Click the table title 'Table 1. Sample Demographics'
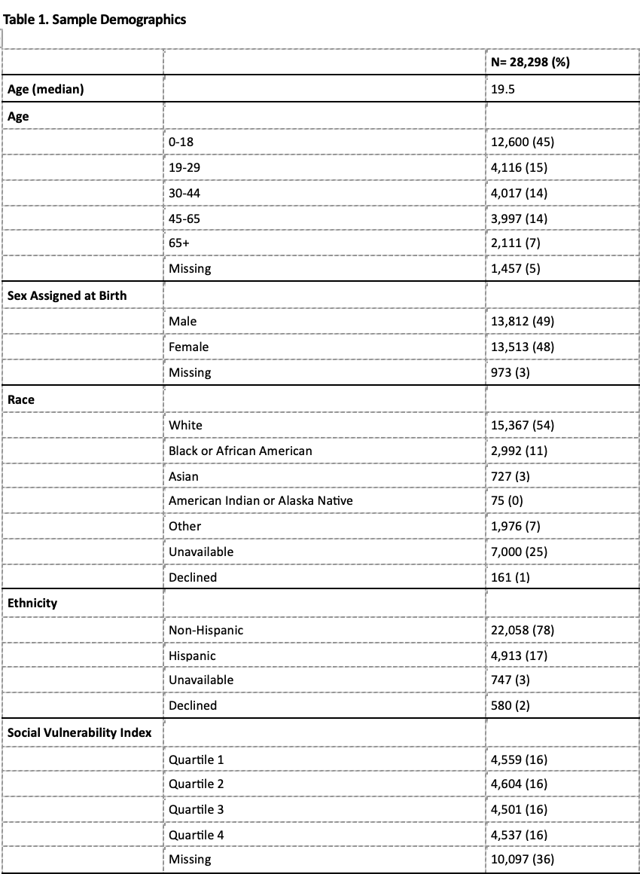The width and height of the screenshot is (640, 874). tap(96, 20)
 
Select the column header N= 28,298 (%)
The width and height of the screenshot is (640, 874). tap(530, 63)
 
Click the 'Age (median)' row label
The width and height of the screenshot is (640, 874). tap(46, 90)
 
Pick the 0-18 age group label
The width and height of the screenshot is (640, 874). tap(181, 142)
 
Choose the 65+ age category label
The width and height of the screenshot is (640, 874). tap(179, 243)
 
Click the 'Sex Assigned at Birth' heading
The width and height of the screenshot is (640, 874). tap(67, 295)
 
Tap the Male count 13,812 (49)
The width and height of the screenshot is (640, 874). tap(523, 321)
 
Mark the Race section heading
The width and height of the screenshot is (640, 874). tap(21, 399)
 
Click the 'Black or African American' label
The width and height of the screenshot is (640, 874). tap(240, 451)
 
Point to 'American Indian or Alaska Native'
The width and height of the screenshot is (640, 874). tap(261, 500)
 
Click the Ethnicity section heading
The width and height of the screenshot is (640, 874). tap(32, 603)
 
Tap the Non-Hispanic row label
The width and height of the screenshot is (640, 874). tap(206, 630)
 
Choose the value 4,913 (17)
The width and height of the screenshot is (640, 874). tap(519, 655)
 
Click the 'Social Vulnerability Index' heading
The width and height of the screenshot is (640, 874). tap(80, 732)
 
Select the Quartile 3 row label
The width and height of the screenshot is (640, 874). tap(197, 809)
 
